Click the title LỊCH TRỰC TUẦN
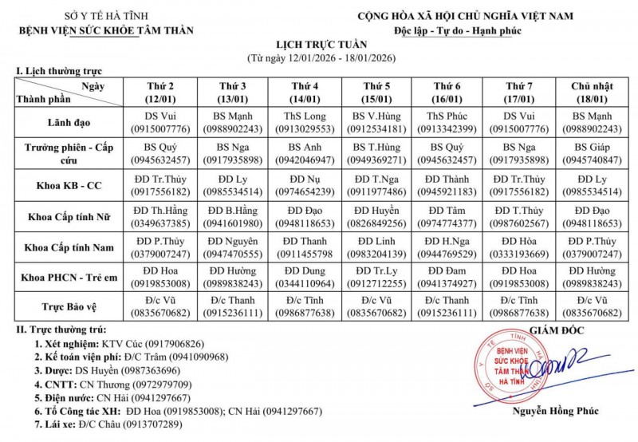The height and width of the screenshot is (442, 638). pos(318,46)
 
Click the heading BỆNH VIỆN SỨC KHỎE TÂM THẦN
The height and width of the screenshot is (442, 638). pos(107,31)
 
